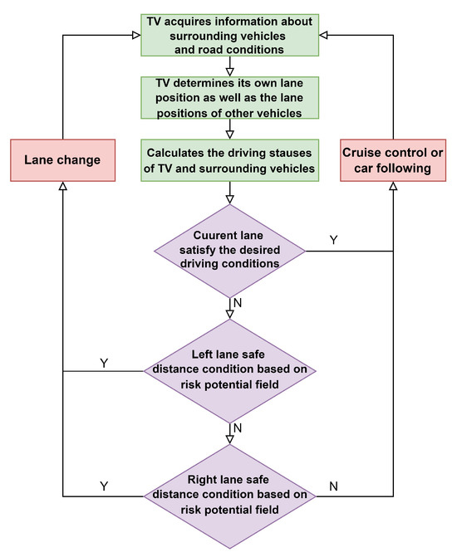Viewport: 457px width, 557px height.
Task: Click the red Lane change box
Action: (63, 159)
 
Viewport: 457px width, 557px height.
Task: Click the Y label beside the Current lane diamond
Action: (333, 239)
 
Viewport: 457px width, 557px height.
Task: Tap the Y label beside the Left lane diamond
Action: (103, 363)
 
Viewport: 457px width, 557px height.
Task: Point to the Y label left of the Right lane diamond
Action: (103, 484)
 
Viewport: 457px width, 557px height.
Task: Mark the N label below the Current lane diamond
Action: (238, 303)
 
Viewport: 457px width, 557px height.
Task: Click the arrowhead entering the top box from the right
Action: (324, 34)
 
